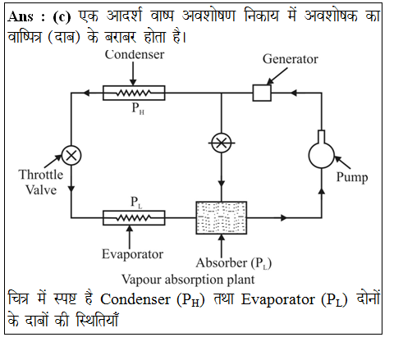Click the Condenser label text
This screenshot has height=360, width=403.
[x=135, y=54]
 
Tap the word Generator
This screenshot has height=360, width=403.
[x=291, y=59]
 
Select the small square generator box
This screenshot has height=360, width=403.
[x=262, y=93]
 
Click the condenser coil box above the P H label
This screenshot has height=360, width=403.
[x=134, y=93]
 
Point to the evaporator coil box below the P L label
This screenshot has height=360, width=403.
[x=134, y=218]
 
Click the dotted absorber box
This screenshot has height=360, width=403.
[x=222, y=218]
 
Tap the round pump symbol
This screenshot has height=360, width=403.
[x=322, y=155]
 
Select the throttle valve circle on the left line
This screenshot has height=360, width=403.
[x=71, y=155]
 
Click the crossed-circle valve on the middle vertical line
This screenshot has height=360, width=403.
[x=222, y=143]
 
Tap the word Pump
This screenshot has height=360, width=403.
[x=352, y=177]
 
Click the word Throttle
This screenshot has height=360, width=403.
[x=41, y=175]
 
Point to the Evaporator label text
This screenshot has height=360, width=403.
[x=132, y=254]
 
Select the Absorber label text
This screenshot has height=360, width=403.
[x=234, y=263]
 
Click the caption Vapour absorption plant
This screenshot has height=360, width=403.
[x=188, y=280]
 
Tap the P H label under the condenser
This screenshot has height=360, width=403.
[x=138, y=108]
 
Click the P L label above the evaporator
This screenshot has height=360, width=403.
[x=136, y=203]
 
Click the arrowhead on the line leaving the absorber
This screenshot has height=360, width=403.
[x=284, y=218]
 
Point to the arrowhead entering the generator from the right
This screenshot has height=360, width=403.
[x=293, y=93]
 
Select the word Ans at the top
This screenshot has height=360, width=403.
[x=21, y=16]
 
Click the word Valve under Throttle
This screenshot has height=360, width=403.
[x=41, y=190]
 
